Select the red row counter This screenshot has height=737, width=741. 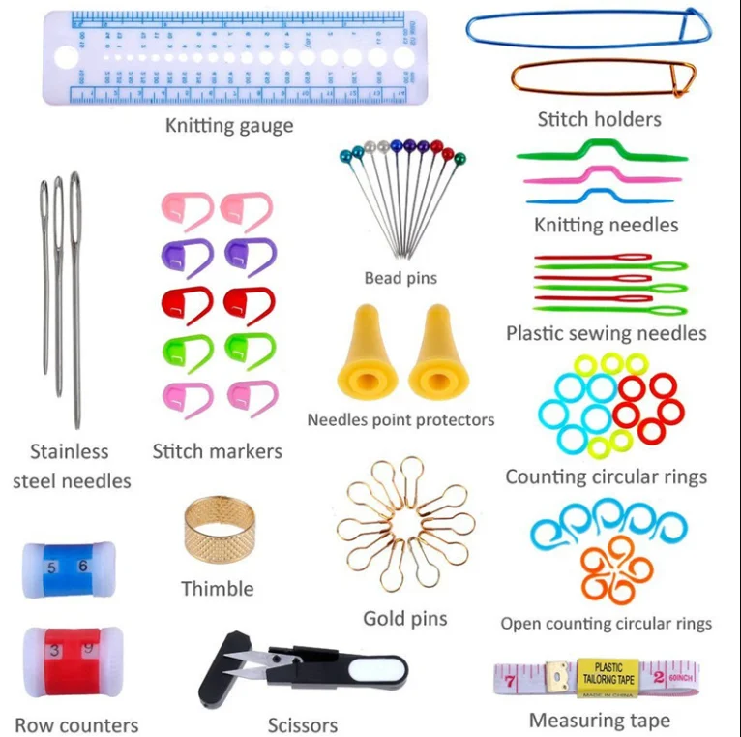(68, 658)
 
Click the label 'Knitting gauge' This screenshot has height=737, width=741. (229, 125)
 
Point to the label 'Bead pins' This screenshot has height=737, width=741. (400, 278)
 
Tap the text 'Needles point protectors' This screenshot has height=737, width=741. (400, 419)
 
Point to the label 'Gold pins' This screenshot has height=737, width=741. (404, 618)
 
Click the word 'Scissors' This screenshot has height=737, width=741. (303, 724)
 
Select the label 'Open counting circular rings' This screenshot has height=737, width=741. (606, 624)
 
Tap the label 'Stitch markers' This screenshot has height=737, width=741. (218, 451)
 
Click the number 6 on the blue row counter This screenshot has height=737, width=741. (83, 567)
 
